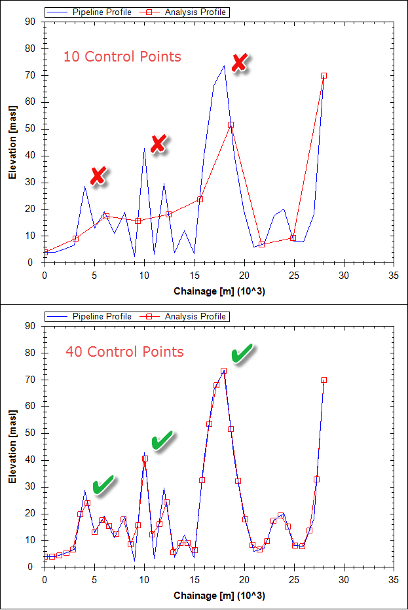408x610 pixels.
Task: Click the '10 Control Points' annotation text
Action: tap(122, 56)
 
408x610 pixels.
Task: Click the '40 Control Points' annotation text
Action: tap(124, 352)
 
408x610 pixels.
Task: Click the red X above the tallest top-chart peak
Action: tap(240, 63)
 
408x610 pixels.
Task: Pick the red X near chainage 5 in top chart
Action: tap(98, 175)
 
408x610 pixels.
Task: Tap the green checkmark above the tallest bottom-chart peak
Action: tap(242, 354)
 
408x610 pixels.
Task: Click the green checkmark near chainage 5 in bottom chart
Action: tap(103, 484)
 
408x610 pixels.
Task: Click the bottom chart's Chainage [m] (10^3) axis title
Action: tap(219, 596)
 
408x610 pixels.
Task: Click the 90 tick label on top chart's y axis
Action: tap(29, 22)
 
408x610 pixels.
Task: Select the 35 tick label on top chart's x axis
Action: tap(394, 276)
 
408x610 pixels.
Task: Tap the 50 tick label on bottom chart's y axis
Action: tap(29, 433)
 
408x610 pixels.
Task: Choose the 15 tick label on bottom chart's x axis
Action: tap(195, 580)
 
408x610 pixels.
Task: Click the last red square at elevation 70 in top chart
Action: tap(324, 76)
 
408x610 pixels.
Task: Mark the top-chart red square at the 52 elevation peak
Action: tap(231, 124)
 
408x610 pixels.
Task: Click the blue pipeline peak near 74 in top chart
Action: tap(224, 65)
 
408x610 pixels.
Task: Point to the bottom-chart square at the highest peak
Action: tap(224, 371)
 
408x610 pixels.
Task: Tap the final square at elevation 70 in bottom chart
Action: tap(324, 380)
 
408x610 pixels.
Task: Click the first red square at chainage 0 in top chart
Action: tap(45, 252)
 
